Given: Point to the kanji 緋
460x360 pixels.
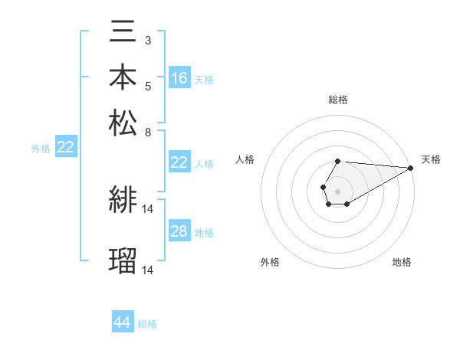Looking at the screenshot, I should pyautogui.click(x=123, y=201).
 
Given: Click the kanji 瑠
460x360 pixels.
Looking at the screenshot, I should pyautogui.click(x=123, y=260).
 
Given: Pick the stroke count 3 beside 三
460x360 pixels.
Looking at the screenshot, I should pyautogui.click(x=148, y=40).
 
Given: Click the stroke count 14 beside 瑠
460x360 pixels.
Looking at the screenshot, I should pyautogui.click(x=149, y=269).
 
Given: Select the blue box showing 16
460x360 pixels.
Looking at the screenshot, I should pyautogui.click(x=179, y=77).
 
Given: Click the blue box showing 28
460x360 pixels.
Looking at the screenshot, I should pyautogui.click(x=179, y=231).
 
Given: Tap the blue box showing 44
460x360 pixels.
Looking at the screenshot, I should pyautogui.click(x=123, y=322).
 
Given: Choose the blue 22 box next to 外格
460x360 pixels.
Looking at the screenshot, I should pyautogui.click(x=65, y=148).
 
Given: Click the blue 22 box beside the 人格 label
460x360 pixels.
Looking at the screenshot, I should pyautogui.click(x=179, y=162).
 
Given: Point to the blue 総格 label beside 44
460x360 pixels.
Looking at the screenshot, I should pyautogui.click(x=147, y=324).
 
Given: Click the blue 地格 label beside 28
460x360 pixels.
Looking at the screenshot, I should pyautogui.click(x=204, y=233).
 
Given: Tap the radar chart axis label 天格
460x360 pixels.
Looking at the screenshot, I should pyautogui.click(x=432, y=159).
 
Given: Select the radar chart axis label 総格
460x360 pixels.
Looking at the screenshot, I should pyautogui.click(x=338, y=100).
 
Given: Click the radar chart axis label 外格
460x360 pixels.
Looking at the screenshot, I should pyautogui.click(x=270, y=263).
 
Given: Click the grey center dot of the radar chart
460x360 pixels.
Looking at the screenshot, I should pyautogui.click(x=338, y=190).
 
